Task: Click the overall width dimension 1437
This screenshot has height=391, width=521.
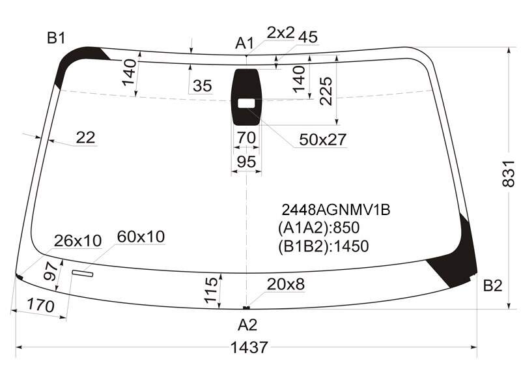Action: [x=249, y=348]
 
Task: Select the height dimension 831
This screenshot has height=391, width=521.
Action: [x=509, y=173]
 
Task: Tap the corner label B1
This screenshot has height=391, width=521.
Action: [x=56, y=38]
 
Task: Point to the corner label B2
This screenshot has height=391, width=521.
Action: [x=492, y=285]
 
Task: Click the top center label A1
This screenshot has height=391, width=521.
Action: [x=245, y=43]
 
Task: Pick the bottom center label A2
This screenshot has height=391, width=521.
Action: [x=247, y=325]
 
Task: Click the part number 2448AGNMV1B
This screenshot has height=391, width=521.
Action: [x=336, y=210]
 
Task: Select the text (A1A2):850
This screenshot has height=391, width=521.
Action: [x=319, y=227]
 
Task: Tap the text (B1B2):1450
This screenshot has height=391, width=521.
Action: [x=324, y=246]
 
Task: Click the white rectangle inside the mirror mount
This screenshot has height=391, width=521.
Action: [x=246, y=104]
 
